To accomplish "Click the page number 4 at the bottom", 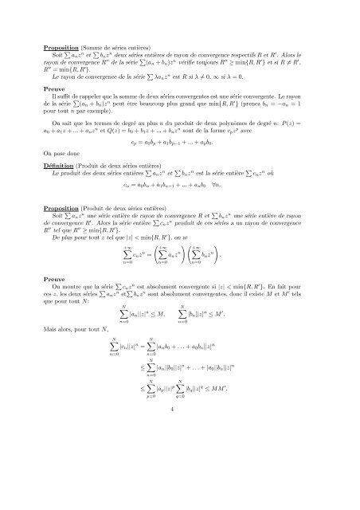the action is tap(180, 475).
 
